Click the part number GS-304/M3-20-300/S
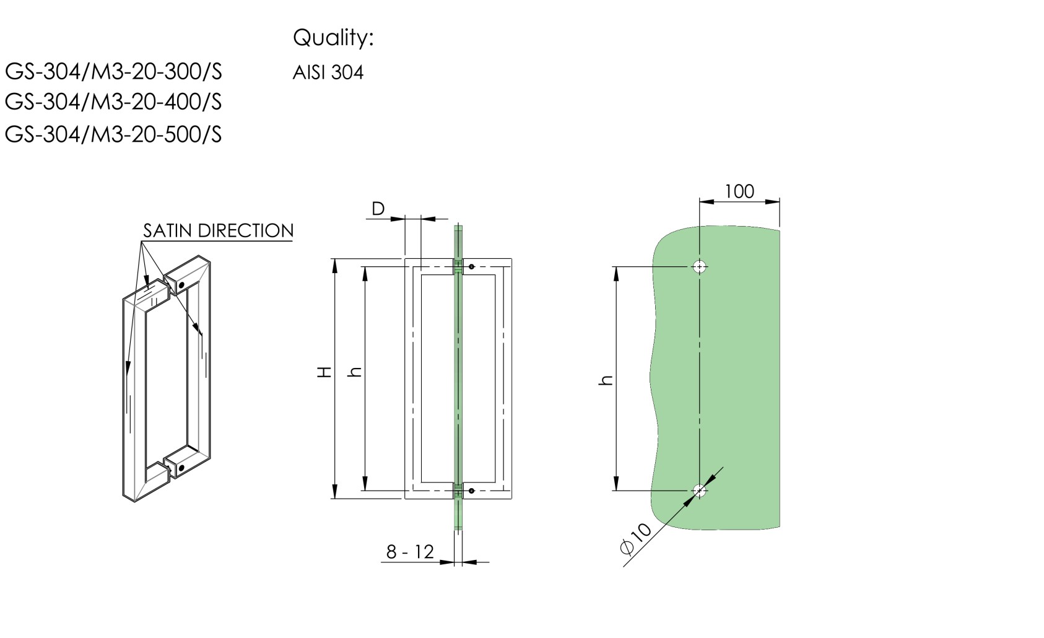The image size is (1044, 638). coord(113,72)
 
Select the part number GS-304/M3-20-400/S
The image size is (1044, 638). coord(113,102)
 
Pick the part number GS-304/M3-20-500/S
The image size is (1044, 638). coord(113,134)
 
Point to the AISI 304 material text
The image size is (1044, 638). coord(328,73)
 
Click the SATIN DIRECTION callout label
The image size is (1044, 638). coord(218,230)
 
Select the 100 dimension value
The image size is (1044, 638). coord(739,191)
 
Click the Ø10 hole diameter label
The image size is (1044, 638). coord(636,538)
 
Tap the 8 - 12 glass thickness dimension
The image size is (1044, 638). coord(410,551)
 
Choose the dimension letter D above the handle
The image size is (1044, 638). coord(378,209)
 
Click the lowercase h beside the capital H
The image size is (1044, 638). coord(355,372)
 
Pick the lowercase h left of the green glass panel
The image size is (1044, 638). coord(606,380)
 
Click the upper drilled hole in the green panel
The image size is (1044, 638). coord(700,267)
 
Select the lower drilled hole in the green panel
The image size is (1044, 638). coord(700,491)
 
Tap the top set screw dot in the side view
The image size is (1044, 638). coord(472,267)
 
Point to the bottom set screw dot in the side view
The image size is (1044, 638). coord(472,491)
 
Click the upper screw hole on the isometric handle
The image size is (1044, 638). coord(182,286)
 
